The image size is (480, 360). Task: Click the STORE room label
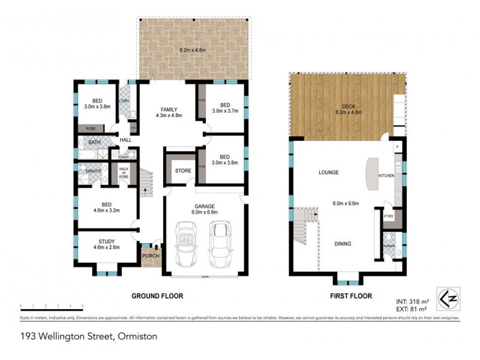point(183,171)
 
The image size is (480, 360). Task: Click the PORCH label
point(150,257)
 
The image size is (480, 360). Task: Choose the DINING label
point(343,244)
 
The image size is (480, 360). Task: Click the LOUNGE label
point(328,173)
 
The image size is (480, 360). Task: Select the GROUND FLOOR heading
point(158,296)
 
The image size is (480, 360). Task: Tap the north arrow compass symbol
point(445,296)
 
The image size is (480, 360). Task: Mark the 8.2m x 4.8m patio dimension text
point(194,50)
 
